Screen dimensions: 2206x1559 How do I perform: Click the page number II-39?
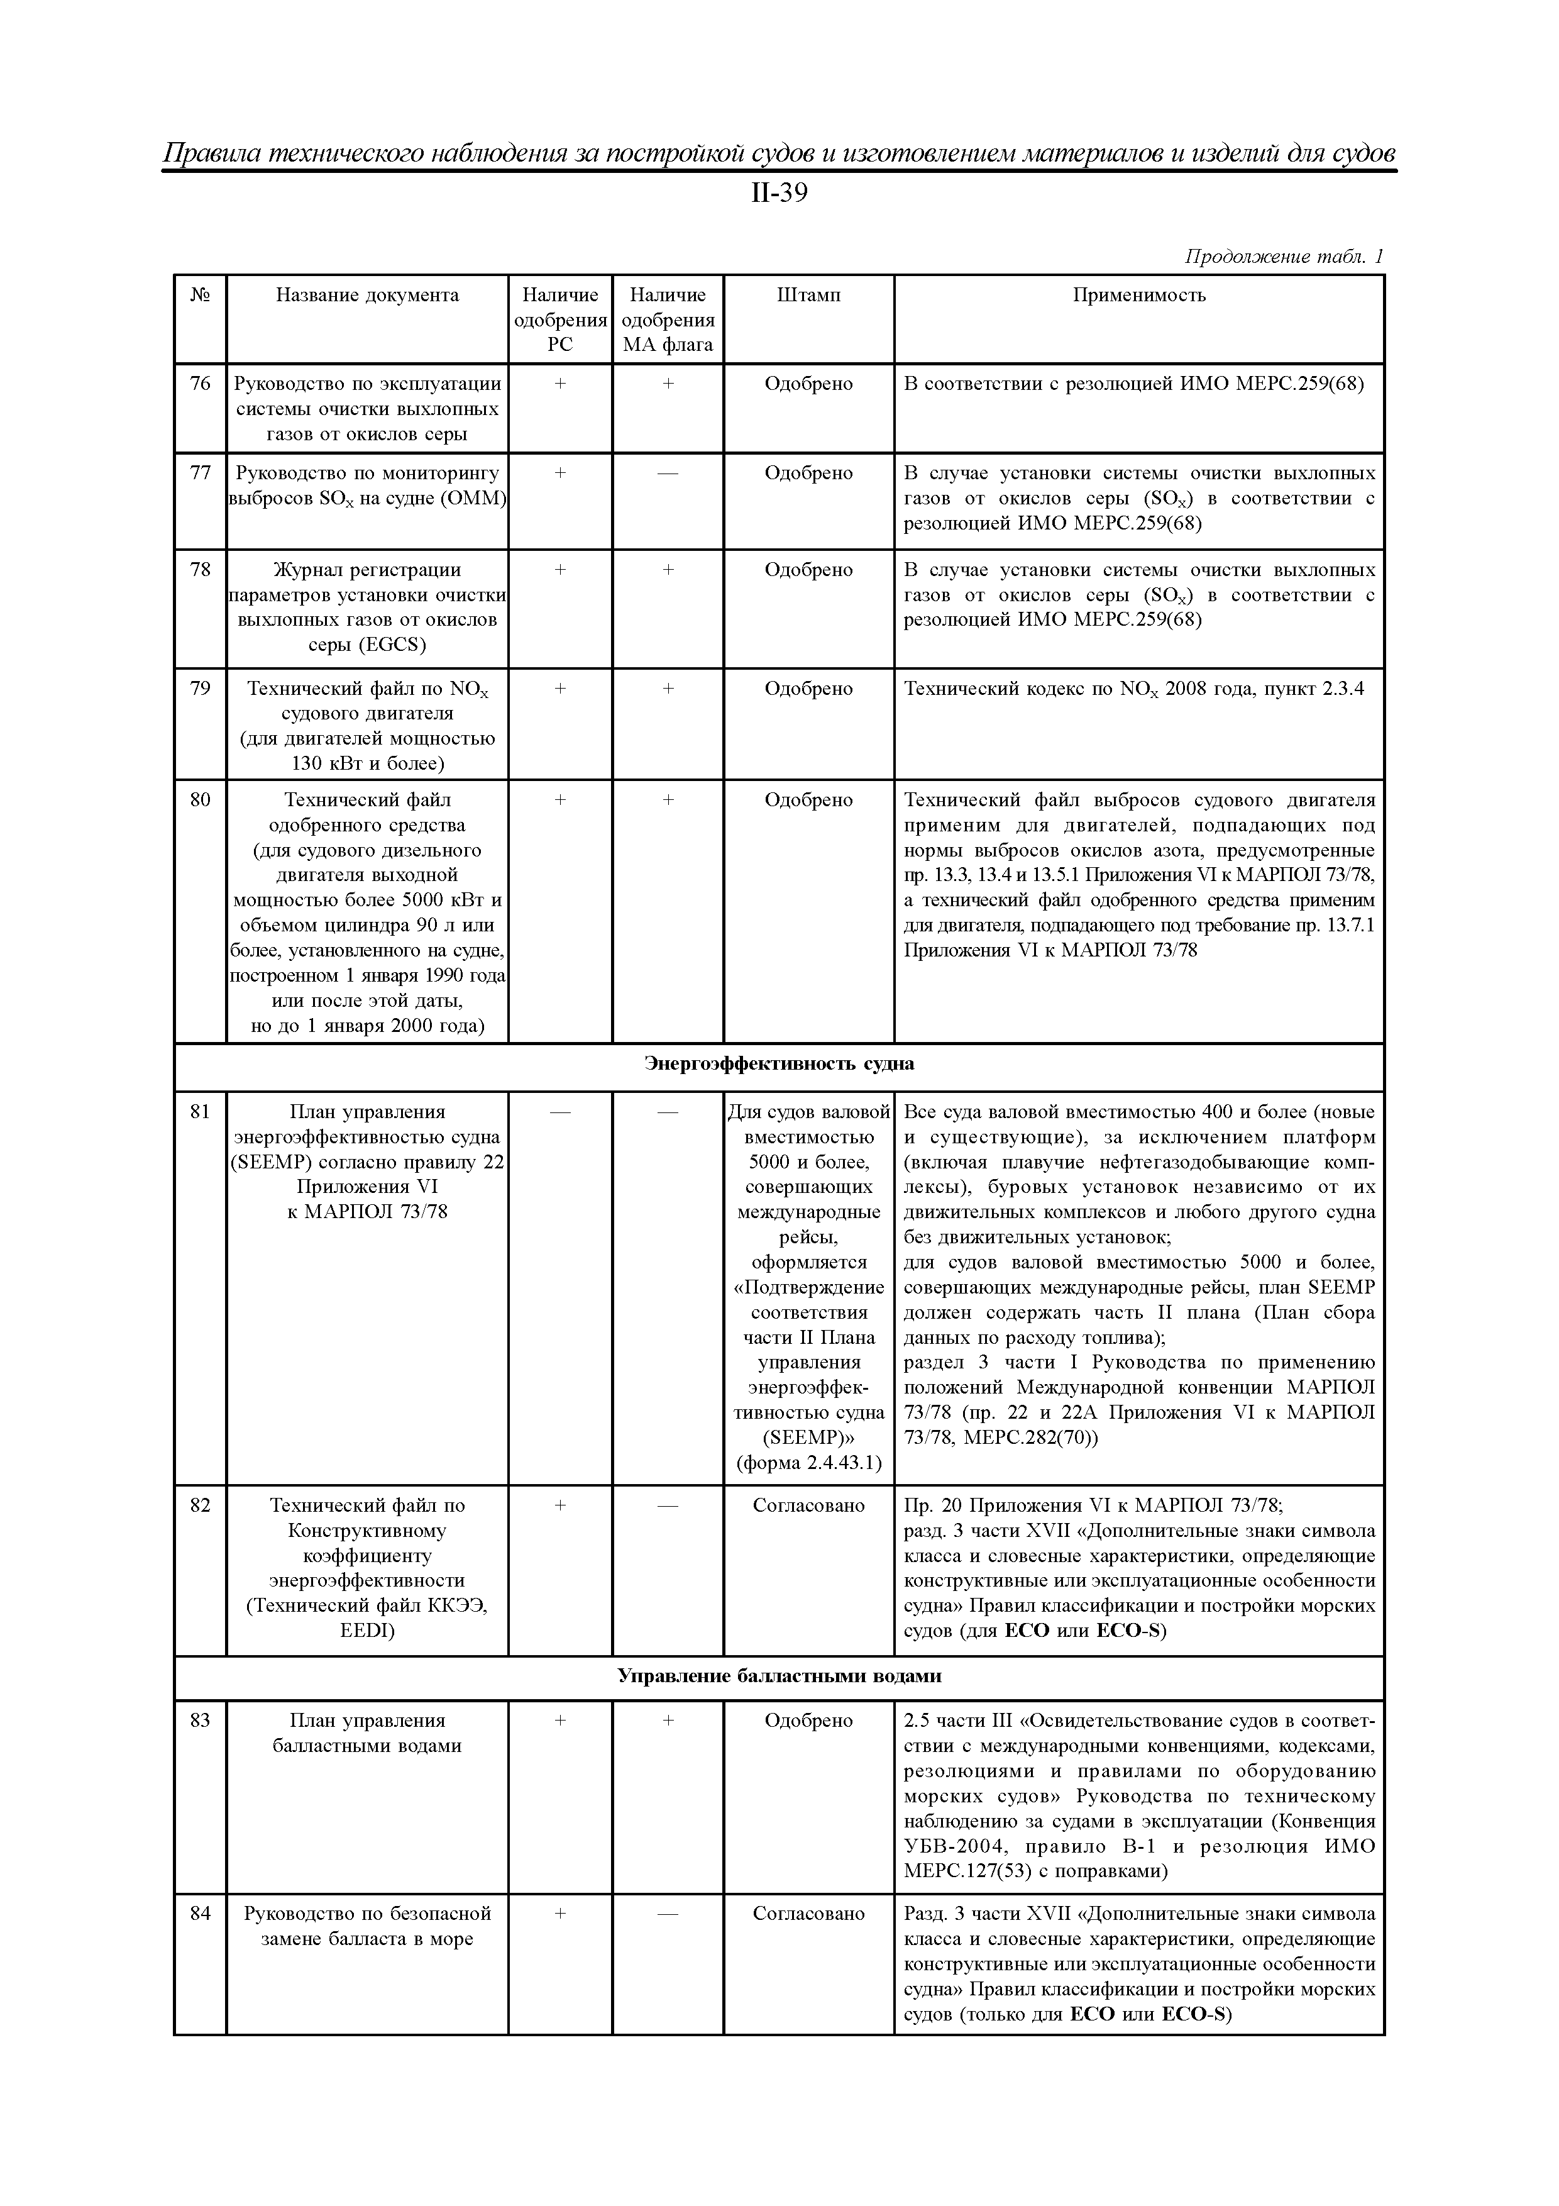pyautogui.click(x=778, y=194)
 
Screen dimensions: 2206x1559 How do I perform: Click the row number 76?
pyautogui.click(x=200, y=384)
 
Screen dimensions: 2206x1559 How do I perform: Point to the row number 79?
pyautogui.click(x=200, y=689)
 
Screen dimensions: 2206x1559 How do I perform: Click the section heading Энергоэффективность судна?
pyautogui.click(x=778, y=1063)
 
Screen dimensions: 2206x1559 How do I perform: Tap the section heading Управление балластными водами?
pyautogui.click(x=778, y=1677)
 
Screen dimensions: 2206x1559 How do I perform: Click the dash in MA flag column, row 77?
pyautogui.click(x=668, y=474)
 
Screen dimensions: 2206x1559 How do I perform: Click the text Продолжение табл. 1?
pyautogui.click(x=1283, y=257)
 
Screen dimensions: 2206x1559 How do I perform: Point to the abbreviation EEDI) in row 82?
pyautogui.click(x=367, y=1631)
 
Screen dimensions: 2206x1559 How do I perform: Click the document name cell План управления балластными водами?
pyautogui.click(x=367, y=1733)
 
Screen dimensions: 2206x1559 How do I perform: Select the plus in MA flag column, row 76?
pyautogui.click(x=668, y=384)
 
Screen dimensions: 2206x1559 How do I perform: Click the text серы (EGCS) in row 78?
pyautogui.click(x=367, y=645)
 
